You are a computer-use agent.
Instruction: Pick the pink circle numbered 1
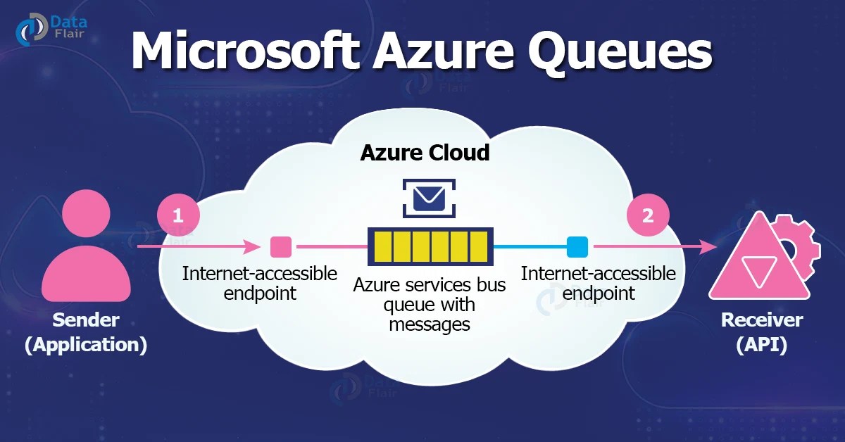pos(177,215)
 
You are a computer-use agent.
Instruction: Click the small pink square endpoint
pos(281,247)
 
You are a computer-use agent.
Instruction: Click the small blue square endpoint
pos(577,247)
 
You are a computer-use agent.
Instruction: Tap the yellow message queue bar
pos(430,247)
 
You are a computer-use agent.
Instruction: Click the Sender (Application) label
pos(86,333)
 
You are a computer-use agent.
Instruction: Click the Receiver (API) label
pos(762,333)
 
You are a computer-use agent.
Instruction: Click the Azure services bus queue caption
pos(430,305)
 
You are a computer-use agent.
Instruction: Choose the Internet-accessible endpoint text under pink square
pos(260,283)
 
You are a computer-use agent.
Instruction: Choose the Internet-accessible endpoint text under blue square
pos(598,283)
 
